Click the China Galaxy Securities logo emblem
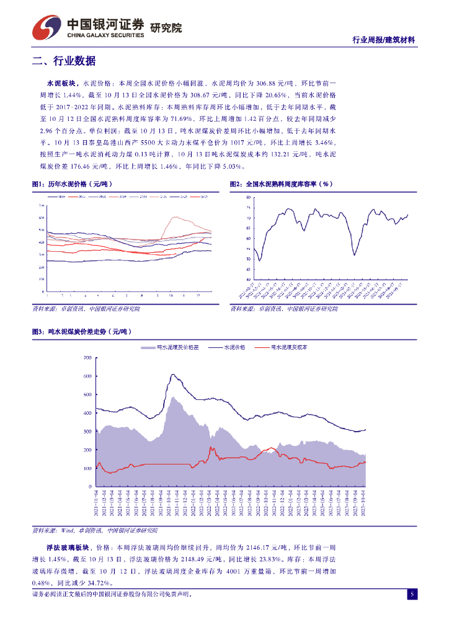[x=47, y=27]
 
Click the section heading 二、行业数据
[x=64, y=61]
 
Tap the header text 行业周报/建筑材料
[x=383, y=40]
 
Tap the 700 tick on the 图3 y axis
[x=87, y=358]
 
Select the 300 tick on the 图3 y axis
[x=87, y=432]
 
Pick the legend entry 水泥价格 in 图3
[x=234, y=348]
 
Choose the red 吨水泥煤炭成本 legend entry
[x=289, y=348]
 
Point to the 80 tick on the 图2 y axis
[x=248, y=197]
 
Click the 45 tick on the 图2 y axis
[x=248, y=270]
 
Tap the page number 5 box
[x=411, y=594]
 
